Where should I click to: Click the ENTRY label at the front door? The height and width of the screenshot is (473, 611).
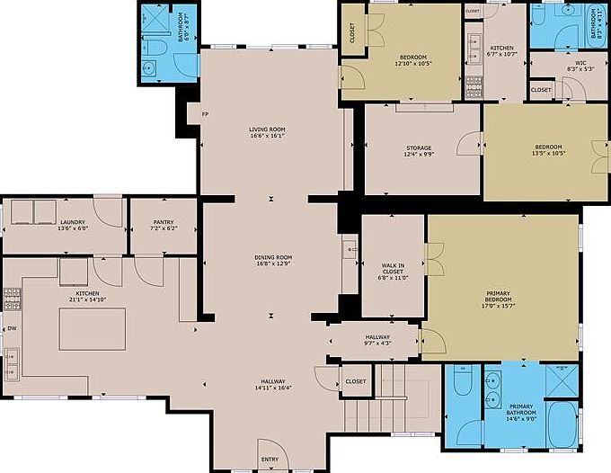click(270, 460)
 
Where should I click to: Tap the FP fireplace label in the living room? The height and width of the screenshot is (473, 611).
click(205, 114)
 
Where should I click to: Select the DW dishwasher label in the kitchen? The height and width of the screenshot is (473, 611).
click(12, 329)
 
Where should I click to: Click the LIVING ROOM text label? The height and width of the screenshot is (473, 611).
click(267, 130)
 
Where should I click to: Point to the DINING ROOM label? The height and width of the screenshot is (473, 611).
click(273, 259)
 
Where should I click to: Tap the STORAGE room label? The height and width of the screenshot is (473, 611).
click(418, 147)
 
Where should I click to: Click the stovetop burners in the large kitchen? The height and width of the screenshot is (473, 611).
click(12, 298)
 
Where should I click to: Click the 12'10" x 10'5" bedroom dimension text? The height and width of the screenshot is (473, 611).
click(412, 63)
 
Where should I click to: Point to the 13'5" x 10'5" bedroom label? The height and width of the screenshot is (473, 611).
click(548, 152)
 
